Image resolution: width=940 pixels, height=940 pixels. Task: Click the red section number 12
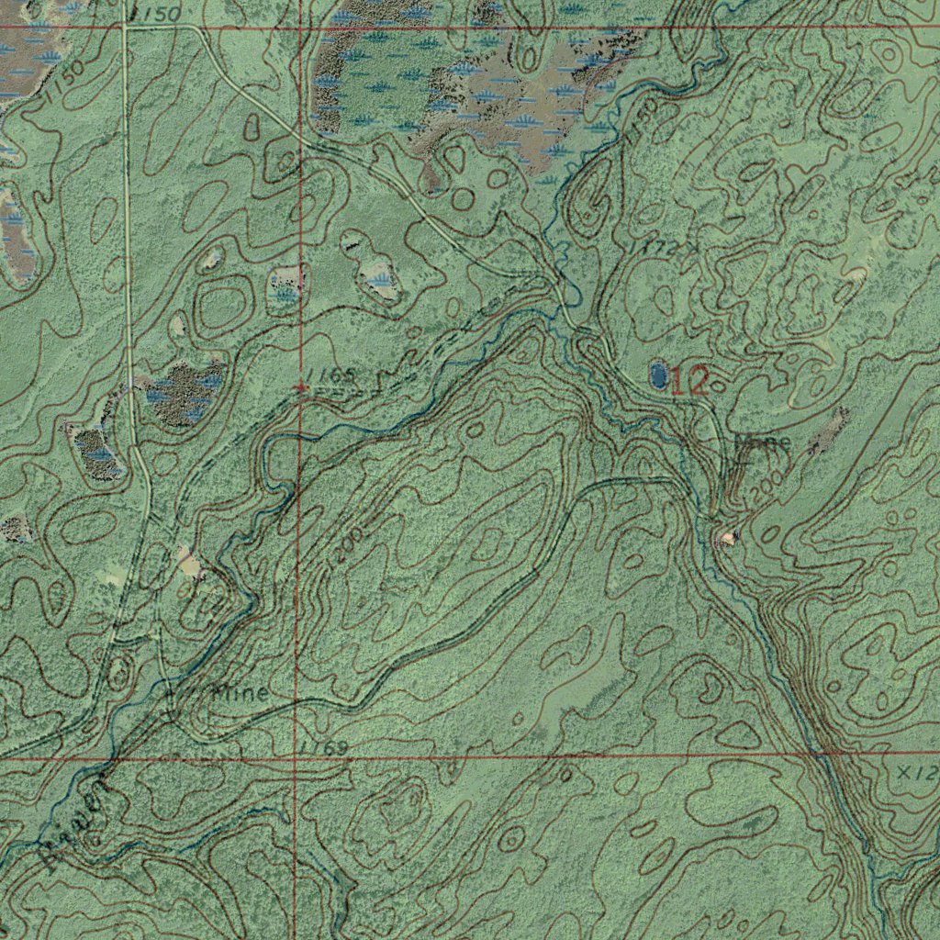[689, 381]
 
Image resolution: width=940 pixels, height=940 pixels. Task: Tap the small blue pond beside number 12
[658, 373]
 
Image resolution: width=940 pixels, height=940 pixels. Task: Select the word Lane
[763, 442]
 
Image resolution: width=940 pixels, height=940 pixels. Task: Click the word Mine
[240, 693]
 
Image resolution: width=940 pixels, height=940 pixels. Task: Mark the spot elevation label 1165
[330, 375]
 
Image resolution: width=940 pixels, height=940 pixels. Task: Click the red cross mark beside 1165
[301, 389]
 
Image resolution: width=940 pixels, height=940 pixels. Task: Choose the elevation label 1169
[322, 748]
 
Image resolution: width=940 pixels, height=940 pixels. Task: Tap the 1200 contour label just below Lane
[766, 484]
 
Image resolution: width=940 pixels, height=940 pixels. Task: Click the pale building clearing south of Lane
[729, 537]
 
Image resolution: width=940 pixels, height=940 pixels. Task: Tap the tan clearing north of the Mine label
[189, 561]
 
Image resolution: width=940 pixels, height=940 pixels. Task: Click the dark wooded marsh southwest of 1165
[184, 393]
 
